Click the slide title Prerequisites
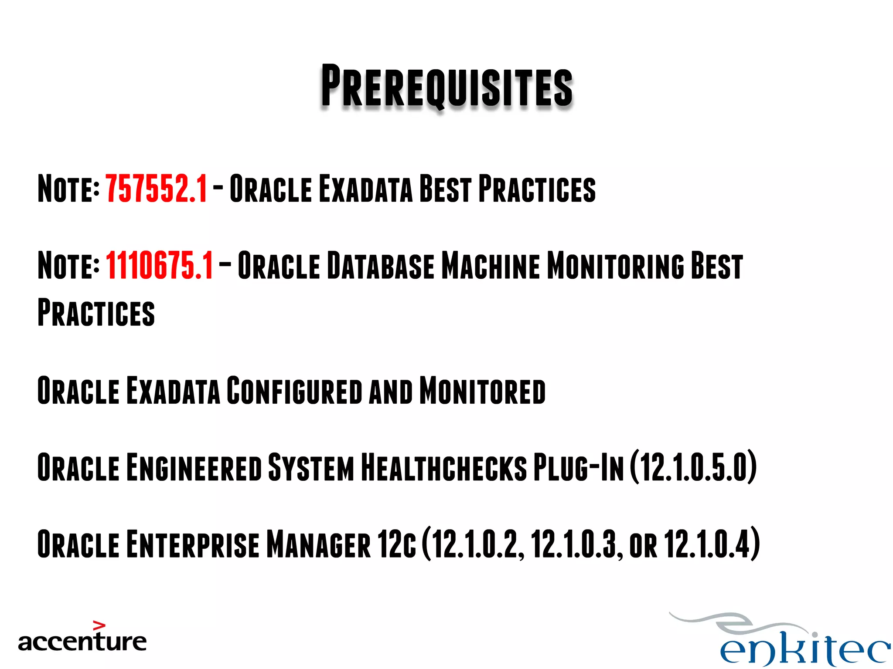[446, 86]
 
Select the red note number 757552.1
[156, 189]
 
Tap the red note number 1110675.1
[159, 266]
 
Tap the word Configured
[294, 391]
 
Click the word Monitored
[482, 391]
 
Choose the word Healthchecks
[444, 468]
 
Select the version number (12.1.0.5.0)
[693, 468]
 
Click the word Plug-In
[579, 468]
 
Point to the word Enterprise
[192, 544]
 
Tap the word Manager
[318, 544]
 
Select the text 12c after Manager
[397, 544]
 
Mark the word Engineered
[194, 468]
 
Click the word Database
[380, 266]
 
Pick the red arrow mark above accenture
[99, 626]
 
